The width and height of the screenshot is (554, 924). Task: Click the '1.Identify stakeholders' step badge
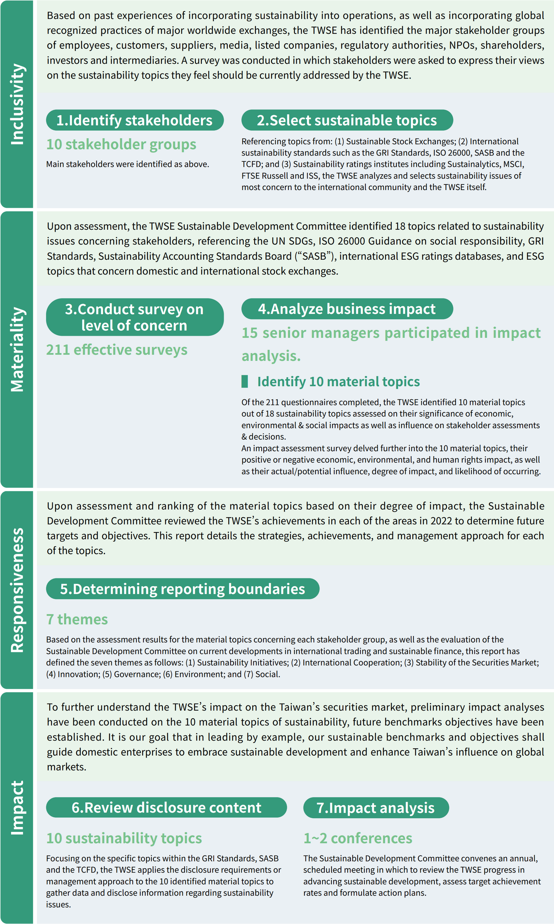[x=135, y=120]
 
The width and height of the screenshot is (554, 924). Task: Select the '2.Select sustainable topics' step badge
[x=347, y=120]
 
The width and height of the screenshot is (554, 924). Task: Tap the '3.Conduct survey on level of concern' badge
[x=135, y=317]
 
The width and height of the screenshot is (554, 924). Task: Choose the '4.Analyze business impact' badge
[x=347, y=309]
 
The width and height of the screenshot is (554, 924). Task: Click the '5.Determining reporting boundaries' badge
[x=183, y=589]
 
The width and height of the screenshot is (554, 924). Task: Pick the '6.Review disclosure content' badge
[x=166, y=808]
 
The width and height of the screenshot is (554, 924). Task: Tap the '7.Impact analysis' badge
[x=375, y=808]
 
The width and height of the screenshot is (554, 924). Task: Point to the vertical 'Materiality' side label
[x=17, y=350]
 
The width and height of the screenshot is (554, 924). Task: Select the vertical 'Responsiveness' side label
[x=17, y=590]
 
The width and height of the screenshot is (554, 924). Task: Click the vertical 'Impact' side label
[x=17, y=807]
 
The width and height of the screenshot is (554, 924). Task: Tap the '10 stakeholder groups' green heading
[x=121, y=144]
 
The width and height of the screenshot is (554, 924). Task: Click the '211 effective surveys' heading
[x=117, y=350]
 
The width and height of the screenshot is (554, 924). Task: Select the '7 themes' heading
[x=77, y=619]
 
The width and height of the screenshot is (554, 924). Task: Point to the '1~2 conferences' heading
[x=358, y=838]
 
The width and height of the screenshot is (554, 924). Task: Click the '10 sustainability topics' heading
[x=124, y=838]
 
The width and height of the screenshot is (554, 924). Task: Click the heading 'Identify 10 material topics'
[x=338, y=382]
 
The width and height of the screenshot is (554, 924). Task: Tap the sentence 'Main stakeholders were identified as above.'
[x=128, y=164]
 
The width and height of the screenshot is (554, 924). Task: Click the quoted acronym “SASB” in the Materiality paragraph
[x=314, y=256]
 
